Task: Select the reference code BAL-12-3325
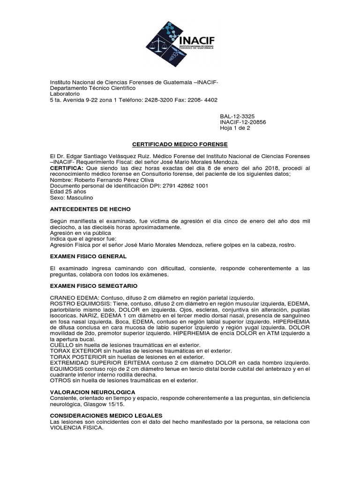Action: coord(238,116)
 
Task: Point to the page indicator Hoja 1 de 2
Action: coord(235,129)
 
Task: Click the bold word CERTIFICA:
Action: coord(67,168)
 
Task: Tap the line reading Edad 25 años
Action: coord(66,192)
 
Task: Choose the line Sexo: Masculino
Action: coord(71,198)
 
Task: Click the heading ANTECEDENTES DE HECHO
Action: coord(90,209)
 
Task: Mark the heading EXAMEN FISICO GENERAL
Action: coord(88,256)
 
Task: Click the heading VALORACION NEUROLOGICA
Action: coord(92,391)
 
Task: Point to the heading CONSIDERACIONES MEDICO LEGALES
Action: coord(106,416)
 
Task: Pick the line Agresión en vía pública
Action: coord(81,232)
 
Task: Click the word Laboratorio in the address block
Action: coord(66,94)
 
